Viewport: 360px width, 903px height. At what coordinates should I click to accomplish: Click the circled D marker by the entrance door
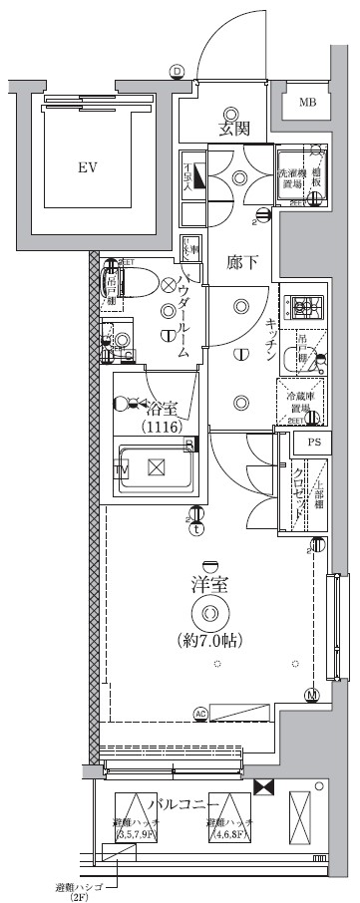point(177,70)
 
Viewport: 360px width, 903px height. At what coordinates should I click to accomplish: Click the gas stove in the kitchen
point(301,306)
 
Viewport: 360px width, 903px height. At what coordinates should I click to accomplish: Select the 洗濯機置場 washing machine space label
point(289,177)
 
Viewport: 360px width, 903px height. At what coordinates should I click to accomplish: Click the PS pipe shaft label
point(314,443)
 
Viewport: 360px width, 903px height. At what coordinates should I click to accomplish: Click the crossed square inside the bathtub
point(156,467)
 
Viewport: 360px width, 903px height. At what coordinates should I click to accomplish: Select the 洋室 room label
point(209,586)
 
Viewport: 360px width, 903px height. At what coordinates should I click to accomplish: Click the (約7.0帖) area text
point(209,638)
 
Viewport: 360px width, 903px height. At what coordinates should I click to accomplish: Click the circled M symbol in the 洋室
point(311,695)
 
